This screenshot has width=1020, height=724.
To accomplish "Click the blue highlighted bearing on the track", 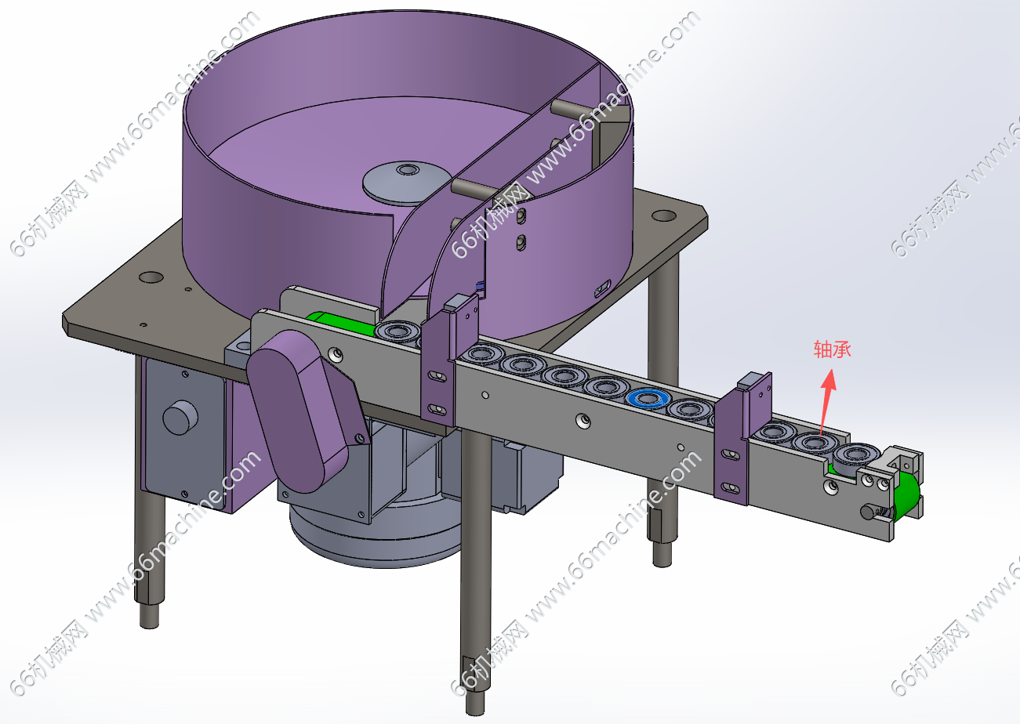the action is pos(648,399).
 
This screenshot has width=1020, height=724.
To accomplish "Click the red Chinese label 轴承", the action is pos(833,349).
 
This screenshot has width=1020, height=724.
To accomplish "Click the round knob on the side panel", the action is pos(180,418).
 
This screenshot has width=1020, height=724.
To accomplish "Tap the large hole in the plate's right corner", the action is pos(664,215).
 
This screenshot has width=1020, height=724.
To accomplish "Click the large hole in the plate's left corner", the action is pos(151,277).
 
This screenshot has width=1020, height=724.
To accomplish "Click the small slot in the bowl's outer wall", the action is pos(602,288).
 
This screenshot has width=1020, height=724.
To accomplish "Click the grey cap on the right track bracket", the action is pos(749,382).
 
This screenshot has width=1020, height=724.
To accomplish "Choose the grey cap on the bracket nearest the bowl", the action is pos(457,302).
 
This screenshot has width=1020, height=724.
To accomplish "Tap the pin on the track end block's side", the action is pos(869,512).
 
